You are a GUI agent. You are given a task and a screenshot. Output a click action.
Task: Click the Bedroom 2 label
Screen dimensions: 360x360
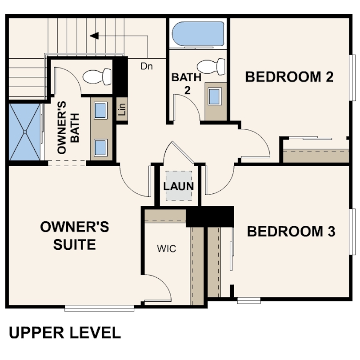[x=289, y=77]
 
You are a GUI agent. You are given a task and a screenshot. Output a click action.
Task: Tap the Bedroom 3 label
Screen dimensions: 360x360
[x=291, y=231]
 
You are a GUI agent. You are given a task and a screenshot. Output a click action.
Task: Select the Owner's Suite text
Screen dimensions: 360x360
[x=75, y=235]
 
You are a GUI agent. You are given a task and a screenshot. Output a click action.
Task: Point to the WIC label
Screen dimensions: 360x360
[x=167, y=248]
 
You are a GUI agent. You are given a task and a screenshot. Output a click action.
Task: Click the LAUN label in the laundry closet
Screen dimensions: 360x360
[x=178, y=186]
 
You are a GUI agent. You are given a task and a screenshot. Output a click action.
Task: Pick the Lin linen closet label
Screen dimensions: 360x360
[x=122, y=109]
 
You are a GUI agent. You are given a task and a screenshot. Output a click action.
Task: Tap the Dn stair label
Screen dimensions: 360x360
[x=147, y=66]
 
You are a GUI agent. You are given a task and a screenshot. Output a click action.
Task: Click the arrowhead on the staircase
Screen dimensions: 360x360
[x=94, y=36]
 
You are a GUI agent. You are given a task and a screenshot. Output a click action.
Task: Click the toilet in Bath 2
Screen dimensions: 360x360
[x=211, y=67]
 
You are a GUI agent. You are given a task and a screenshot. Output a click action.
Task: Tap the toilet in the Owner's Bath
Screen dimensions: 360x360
[x=97, y=77]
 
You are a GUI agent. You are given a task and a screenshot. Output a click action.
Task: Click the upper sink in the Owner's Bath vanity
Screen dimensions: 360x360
[x=100, y=110]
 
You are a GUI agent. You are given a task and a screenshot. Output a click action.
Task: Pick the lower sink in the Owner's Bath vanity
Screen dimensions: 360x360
[x=100, y=148]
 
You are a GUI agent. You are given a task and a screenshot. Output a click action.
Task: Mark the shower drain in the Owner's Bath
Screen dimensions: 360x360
[x=25, y=132]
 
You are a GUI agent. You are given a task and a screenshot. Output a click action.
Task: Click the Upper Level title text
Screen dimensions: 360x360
[x=65, y=333]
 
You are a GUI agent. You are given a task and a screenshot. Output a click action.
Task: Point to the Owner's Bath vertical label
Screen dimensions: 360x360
[x=68, y=128]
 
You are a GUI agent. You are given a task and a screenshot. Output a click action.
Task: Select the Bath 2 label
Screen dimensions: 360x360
[x=187, y=84]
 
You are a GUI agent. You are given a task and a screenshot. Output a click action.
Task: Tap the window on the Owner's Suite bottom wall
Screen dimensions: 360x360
[x=99, y=308]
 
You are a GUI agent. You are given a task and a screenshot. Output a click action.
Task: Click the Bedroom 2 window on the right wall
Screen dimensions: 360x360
[x=352, y=78]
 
